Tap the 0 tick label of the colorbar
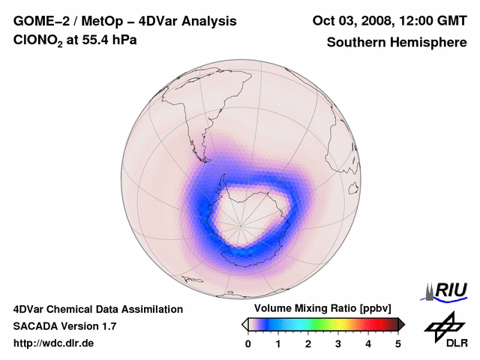point(248,343)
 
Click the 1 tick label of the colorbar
point(278,343)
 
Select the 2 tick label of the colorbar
point(308,343)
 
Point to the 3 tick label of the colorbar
point(338,343)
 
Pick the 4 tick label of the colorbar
point(368,343)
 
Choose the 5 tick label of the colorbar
point(398,343)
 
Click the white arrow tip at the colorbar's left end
point(244,324)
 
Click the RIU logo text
point(450,289)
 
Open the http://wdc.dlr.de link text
point(54,343)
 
